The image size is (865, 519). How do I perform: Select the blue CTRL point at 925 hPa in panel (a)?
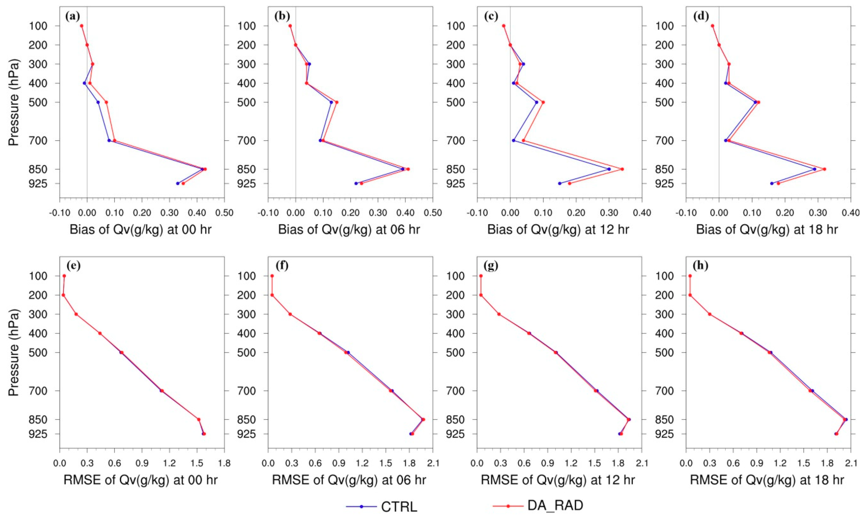pyautogui.click(x=178, y=183)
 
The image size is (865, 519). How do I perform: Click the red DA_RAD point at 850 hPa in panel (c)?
pyautogui.click(x=622, y=169)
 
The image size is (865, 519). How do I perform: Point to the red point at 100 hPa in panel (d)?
pyautogui.click(x=712, y=25)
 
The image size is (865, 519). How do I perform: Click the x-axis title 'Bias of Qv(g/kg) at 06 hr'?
pyautogui.click(x=349, y=230)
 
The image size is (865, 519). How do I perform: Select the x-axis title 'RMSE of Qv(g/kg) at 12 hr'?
pyautogui.click(x=558, y=480)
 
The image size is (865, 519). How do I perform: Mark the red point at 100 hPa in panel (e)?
pyautogui.click(x=64, y=276)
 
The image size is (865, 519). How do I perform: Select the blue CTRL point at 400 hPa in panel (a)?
pyautogui.click(x=84, y=83)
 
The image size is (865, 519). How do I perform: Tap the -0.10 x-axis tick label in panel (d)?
pyautogui.click(x=685, y=213)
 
